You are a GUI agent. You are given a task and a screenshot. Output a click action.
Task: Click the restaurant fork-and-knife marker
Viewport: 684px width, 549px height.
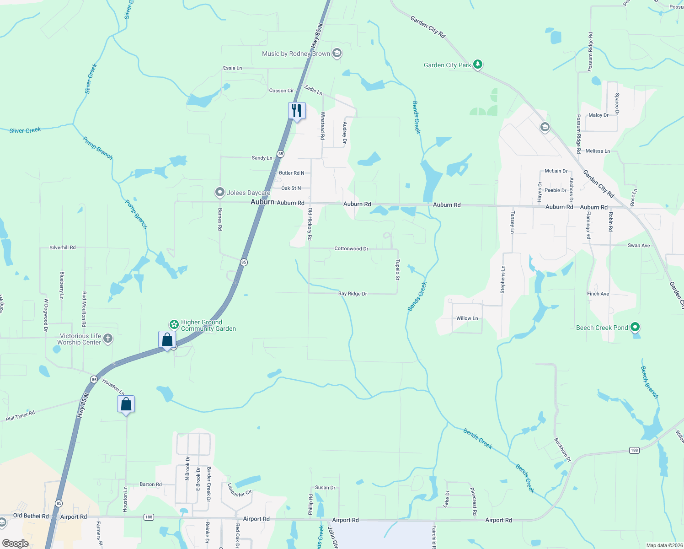pos(297,111)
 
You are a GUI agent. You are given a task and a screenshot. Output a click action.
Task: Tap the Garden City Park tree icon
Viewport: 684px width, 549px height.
pos(478,65)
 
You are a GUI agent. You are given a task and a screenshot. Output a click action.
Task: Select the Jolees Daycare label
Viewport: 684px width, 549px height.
pos(248,193)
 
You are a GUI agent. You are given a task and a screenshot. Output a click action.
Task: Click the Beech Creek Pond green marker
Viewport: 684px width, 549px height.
pos(635,327)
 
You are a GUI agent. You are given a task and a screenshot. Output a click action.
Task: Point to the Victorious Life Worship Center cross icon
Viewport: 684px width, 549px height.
pos(108,339)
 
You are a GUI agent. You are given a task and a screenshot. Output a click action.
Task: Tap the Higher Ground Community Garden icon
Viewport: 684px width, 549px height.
pos(174,324)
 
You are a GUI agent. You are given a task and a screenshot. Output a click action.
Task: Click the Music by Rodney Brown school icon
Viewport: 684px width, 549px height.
pos(337,54)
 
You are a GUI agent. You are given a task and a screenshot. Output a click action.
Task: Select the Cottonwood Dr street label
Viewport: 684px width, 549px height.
pos(351,249)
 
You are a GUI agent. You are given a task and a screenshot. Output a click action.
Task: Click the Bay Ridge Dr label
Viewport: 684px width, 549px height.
pos(353,294)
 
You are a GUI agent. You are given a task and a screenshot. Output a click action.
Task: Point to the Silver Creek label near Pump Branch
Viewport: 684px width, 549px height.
pos(25,130)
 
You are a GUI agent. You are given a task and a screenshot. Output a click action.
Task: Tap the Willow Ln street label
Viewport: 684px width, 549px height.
pos(467,318)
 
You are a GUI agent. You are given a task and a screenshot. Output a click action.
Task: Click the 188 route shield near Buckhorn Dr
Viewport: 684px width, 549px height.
pos(634,450)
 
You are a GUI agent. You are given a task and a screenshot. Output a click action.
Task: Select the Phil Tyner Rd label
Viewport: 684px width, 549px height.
pos(21,416)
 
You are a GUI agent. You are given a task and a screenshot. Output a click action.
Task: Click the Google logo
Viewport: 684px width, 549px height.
pos(15,544)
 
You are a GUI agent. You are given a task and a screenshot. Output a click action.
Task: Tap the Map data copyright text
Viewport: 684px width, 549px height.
pos(664,545)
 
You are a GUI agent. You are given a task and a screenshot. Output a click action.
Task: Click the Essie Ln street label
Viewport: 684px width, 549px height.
pos(232,68)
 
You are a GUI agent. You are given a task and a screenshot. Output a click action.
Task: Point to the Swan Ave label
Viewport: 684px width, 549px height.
pos(639,246)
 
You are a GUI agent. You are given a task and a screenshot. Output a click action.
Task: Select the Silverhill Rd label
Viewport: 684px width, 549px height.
pos(63,248)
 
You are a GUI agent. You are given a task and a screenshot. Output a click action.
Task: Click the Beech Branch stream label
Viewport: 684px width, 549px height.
pos(649,382)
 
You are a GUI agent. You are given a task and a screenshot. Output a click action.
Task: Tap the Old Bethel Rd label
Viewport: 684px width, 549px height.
pos(31,516)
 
